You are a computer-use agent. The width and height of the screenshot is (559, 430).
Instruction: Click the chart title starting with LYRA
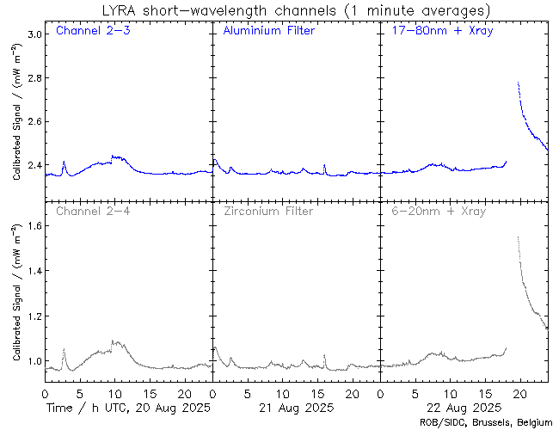[295, 10]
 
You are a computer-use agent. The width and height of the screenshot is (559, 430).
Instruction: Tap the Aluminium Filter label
[268, 32]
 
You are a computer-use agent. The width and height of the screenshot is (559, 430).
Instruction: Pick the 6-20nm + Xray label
[439, 211]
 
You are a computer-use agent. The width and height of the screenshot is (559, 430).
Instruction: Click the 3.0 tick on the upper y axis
[33, 35]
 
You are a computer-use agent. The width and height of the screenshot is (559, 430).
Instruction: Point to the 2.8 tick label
[33, 79]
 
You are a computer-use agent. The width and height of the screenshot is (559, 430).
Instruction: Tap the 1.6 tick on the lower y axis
[33, 227]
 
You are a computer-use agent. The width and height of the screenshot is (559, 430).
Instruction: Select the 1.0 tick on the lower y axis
[33, 361]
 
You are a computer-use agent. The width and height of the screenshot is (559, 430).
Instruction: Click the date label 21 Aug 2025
[295, 407]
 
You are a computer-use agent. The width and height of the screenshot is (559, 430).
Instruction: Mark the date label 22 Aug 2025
[464, 407]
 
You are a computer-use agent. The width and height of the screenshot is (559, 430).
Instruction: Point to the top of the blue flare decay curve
[518, 83]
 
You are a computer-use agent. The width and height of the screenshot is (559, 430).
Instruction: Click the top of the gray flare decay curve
[518, 237]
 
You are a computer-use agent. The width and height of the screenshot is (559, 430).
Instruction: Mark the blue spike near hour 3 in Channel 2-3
[64, 162]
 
